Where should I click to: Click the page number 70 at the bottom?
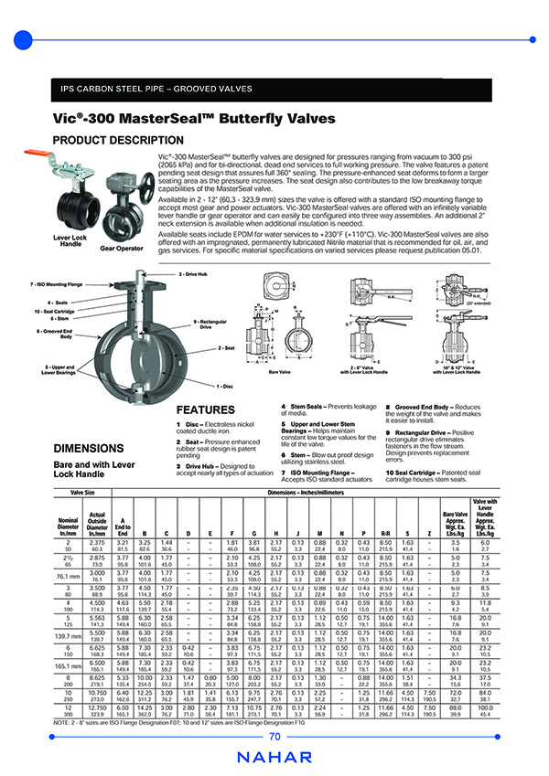point(274,736)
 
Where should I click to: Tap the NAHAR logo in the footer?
point(274,759)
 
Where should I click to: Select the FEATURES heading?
point(208,409)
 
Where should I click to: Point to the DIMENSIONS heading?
point(90,449)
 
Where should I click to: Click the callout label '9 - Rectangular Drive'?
point(210,324)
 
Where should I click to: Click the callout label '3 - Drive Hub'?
point(194,274)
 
